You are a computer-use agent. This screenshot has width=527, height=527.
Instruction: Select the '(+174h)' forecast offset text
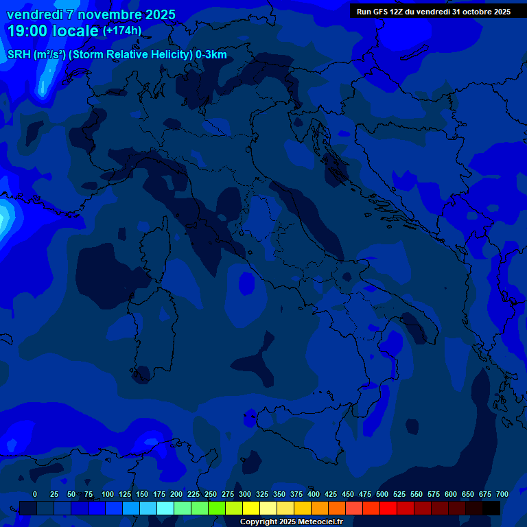[122, 31]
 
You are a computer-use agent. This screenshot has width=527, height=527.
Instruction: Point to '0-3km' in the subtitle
[211, 55]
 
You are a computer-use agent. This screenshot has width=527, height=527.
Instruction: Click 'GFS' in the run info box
[379, 12]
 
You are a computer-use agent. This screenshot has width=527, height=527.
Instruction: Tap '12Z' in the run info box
[396, 12]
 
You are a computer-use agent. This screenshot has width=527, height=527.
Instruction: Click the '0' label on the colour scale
[35, 494]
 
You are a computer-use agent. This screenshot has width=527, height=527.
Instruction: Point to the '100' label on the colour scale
[108, 494]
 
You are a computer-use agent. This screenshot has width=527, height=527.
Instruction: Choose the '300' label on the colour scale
[245, 494]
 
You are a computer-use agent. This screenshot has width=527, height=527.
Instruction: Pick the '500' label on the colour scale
[382, 494]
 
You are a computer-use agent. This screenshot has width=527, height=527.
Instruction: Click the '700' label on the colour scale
[502, 494]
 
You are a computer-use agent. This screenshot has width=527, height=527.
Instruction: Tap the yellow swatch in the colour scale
[251, 508]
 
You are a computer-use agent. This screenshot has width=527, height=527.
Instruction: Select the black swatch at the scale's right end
[491, 508]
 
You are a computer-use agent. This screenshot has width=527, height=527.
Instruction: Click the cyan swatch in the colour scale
[165, 508]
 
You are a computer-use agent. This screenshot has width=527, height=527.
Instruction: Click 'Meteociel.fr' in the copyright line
[325, 522]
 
